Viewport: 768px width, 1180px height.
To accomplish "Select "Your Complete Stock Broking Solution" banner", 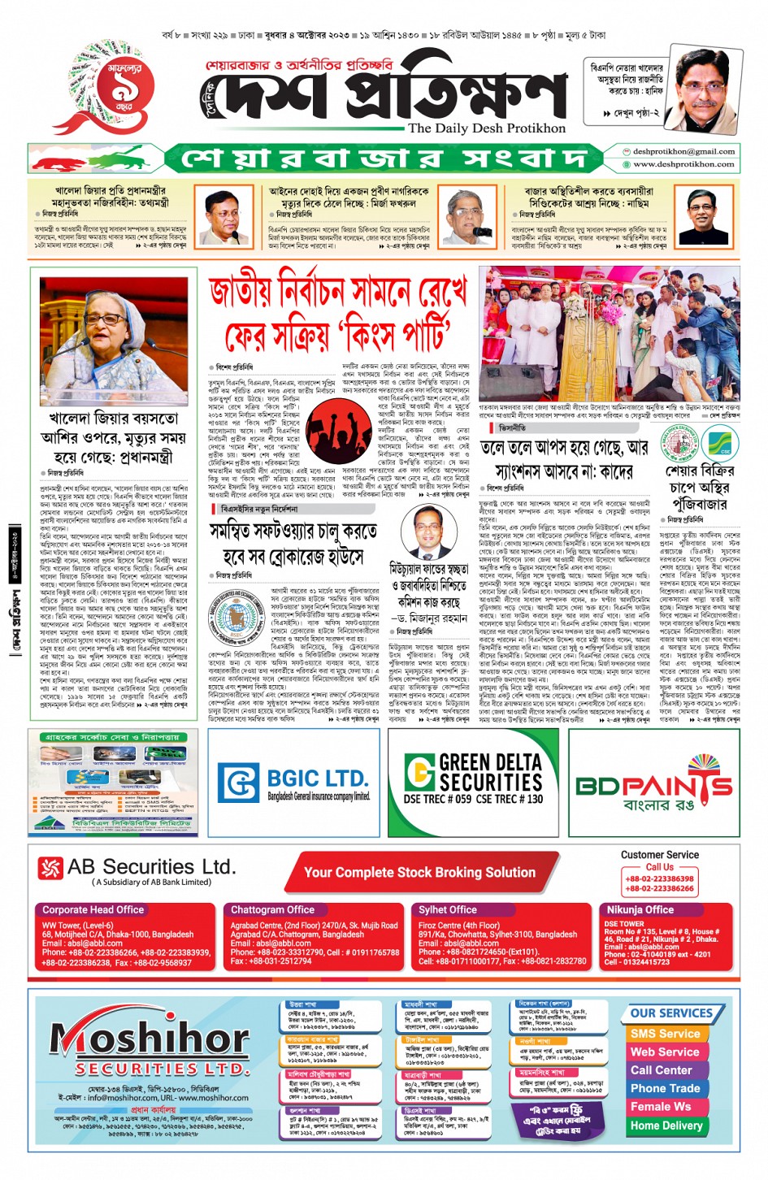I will point(419,872).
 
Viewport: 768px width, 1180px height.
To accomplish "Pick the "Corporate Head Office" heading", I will point(93,909).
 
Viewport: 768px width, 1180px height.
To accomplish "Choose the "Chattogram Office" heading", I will point(272,909).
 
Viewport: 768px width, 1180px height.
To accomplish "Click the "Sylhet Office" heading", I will point(448,909).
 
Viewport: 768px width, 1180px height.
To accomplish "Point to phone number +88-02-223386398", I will point(659,878).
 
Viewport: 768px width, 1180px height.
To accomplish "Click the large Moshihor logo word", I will point(150,1039).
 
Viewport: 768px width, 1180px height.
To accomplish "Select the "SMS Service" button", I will point(665,1034).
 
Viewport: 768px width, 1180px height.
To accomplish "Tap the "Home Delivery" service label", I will point(666,1126).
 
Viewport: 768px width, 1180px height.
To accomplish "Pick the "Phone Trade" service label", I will point(665,1088).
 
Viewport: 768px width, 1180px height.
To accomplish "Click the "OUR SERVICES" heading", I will point(671,1013).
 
